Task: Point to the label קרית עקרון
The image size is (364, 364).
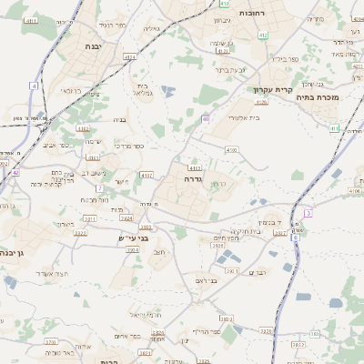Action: click(x=271, y=90)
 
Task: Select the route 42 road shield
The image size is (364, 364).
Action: click(x=15, y=171)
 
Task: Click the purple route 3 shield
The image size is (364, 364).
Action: click(x=308, y=212)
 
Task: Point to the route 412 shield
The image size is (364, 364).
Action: click(x=263, y=35)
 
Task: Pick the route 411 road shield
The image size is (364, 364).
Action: click(x=334, y=129)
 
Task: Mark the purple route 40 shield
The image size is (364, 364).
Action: click(x=207, y=118)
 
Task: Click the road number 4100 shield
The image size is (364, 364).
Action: click(x=231, y=149)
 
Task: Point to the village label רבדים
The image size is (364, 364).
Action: click(x=258, y=271)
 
